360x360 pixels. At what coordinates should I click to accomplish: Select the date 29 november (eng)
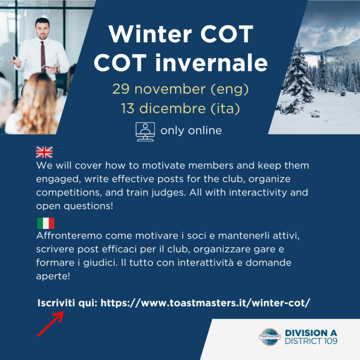[x=180, y=88]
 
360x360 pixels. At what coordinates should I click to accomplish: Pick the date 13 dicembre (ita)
[x=180, y=109]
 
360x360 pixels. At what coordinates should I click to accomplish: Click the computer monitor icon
[x=145, y=131]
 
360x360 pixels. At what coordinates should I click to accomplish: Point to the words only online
[x=191, y=131]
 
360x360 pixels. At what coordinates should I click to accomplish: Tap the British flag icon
[x=45, y=152]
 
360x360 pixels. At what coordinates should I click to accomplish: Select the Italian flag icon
[x=45, y=223]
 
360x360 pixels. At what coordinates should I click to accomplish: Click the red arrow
[x=50, y=324]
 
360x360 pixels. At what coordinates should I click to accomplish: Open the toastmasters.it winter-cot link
[x=205, y=303]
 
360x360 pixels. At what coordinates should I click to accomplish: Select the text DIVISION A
[x=311, y=332]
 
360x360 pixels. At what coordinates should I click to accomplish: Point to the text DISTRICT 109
[x=311, y=341]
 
